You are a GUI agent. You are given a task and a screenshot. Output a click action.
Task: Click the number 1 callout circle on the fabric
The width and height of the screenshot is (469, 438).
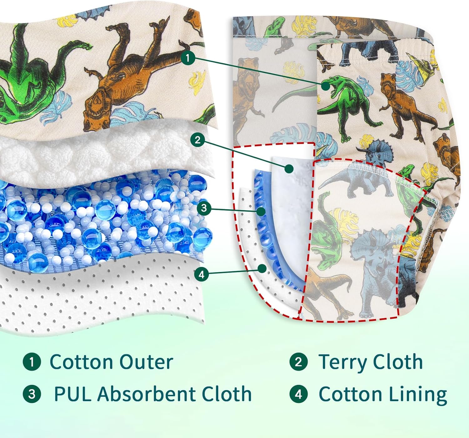pos(188,58)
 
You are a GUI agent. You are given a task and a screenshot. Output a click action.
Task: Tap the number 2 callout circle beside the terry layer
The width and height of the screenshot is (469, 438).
pos(197,140)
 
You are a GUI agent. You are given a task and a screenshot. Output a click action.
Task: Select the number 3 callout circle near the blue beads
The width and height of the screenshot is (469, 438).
pos(204,208)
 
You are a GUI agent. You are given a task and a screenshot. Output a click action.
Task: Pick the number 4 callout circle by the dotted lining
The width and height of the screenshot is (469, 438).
pos(201,274)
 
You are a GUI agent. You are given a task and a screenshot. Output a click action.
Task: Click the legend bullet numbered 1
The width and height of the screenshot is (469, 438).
pos(32,362)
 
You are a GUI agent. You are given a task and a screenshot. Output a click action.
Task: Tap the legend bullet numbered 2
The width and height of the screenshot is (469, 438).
pos(299,362)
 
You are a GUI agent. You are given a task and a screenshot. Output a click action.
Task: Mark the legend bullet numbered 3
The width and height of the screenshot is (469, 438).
pos(32,394)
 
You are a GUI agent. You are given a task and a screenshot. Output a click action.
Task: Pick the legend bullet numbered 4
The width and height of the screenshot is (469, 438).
pos(299,394)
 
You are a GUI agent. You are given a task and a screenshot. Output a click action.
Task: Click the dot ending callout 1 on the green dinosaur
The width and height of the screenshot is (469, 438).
pos(326,86)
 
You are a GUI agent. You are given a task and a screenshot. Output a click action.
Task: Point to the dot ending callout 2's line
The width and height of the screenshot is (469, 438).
pos(289,169)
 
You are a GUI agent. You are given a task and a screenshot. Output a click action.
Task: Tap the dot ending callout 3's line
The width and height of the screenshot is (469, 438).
pos(261,212)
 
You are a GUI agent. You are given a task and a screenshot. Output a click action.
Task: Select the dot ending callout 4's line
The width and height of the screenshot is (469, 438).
pos(262,268)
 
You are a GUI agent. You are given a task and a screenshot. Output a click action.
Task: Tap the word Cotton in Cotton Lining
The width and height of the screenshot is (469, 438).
pos(351,394)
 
